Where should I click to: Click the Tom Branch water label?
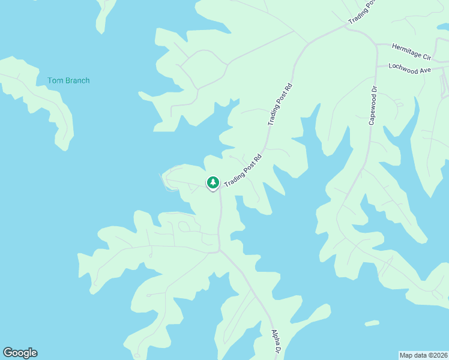68,80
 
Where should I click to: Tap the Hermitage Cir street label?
411,52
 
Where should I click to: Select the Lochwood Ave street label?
410,68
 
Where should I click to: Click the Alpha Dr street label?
276,341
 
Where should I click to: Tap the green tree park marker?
212,182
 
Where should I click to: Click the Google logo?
20,353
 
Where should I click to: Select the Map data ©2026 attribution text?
424,355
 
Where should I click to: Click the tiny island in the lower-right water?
372,323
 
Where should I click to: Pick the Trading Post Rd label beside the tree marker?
243,170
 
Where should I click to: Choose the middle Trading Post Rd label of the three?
280,103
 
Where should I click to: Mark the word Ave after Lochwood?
426,70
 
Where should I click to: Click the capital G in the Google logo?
7,353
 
